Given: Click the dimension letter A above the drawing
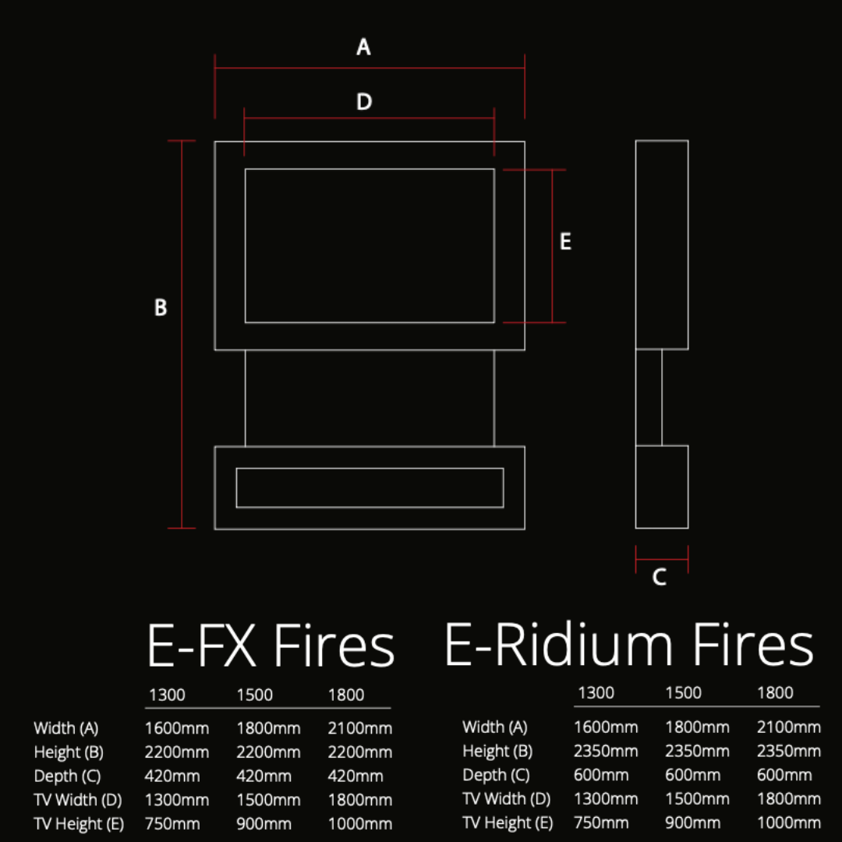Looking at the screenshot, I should (363, 48).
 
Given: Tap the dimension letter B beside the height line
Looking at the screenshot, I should (161, 308).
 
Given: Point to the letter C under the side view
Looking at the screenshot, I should (660, 578).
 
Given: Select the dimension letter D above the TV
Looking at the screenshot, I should (364, 102).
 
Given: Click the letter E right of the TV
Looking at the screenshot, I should (566, 242).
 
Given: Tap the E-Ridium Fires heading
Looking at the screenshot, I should (628, 646).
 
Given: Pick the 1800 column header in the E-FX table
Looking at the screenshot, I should (346, 695).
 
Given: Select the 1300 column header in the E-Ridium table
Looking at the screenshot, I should (596, 693).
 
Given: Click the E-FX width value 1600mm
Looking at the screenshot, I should (177, 729).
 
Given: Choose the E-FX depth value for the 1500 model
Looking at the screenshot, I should (264, 777).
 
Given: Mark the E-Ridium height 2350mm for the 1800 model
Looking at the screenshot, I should (788, 752).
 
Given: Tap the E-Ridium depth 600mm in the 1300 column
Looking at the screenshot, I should (601, 775).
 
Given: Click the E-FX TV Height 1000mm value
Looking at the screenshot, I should (359, 824).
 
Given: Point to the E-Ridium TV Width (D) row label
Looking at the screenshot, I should (506, 799).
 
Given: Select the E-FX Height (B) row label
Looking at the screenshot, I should (69, 752).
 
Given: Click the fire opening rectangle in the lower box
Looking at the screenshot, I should (370, 488).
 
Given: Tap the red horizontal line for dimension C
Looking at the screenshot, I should (662, 557).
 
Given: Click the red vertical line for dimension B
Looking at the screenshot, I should (182, 335).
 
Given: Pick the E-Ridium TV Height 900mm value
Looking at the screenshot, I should (692, 823).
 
